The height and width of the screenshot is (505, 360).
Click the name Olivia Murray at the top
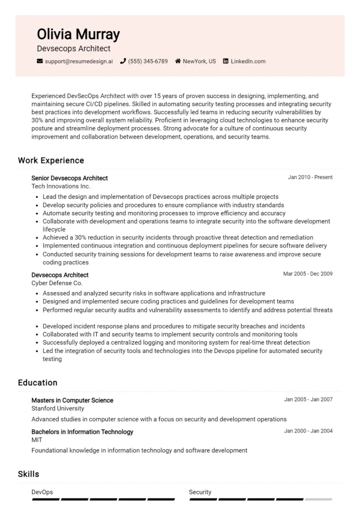(x=78, y=34)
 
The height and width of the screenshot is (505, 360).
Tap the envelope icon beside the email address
(x=40, y=61)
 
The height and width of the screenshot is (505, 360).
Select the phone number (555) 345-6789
(x=147, y=61)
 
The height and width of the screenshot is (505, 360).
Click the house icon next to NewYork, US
(x=178, y=61)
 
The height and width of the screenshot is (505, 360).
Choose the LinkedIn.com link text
(x=248, y=61)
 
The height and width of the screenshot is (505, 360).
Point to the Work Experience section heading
(x=51, y=160)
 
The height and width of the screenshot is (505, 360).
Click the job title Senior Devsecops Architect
(x=70, y=178)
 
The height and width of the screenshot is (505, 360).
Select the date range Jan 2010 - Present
(x=310, y=178)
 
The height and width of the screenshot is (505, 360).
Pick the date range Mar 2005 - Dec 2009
(x=308, y=274)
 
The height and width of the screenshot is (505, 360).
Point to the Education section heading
(x=37, y=383)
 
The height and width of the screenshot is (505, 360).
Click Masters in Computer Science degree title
(x=72, y=400)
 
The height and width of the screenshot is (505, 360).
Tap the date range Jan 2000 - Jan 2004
(x=308, y=431)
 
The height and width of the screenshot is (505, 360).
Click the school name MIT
(x=37, y=440)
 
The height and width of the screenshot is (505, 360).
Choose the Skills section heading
(x=29, y=474)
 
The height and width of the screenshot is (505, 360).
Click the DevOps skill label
(x=42, y=492)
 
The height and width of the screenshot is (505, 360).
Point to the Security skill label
(x=200, y=492)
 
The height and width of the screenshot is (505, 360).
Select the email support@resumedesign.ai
(x=79, y=61)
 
